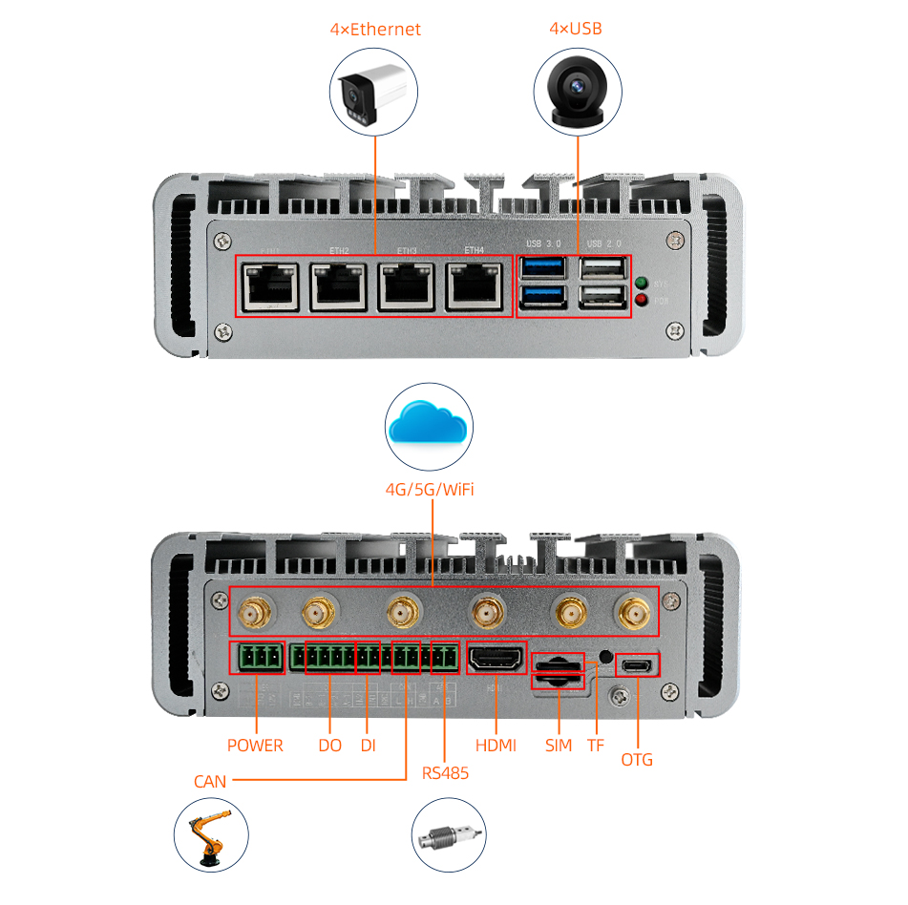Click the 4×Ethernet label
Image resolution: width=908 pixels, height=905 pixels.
[x=375, y=29]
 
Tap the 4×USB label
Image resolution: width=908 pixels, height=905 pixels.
[x=576, y=29]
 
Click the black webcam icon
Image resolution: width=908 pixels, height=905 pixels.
[x=577, y=92]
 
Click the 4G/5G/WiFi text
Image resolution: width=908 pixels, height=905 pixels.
[x=430, y=490]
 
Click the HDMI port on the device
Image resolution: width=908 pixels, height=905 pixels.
[x=496, y=660]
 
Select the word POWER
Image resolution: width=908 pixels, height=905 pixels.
[x=255, y=746]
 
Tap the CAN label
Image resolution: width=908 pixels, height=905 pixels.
[x=210, y=782]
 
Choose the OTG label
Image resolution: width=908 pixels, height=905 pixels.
[x=637, y=760]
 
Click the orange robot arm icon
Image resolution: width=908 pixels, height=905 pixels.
[x=211, y=835]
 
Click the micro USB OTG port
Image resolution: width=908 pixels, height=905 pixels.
[x=637, y=665]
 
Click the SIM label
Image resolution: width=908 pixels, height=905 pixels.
[x=559, y=746]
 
